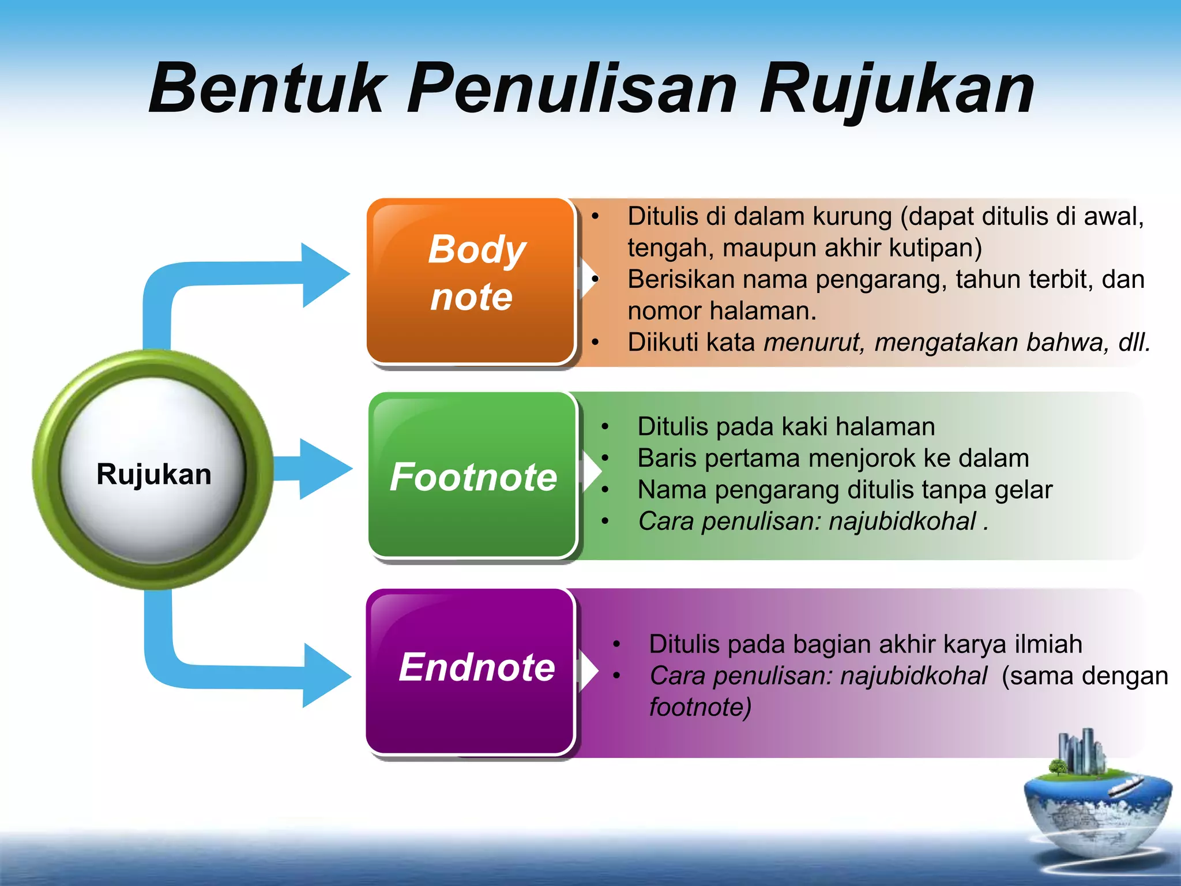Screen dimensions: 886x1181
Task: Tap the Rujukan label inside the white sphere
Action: [x=154, y=474]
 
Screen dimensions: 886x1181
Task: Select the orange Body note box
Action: [x=471, y=281]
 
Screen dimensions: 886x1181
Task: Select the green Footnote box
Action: [x=473, y=476]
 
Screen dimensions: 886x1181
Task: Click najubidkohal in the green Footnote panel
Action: [x=902, y=521]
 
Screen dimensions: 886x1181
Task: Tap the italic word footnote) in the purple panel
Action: [x=700, y=707]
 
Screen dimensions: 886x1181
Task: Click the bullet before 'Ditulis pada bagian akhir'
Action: [x=616, y=644]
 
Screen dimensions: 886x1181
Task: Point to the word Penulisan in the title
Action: [x=571, y=89]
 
